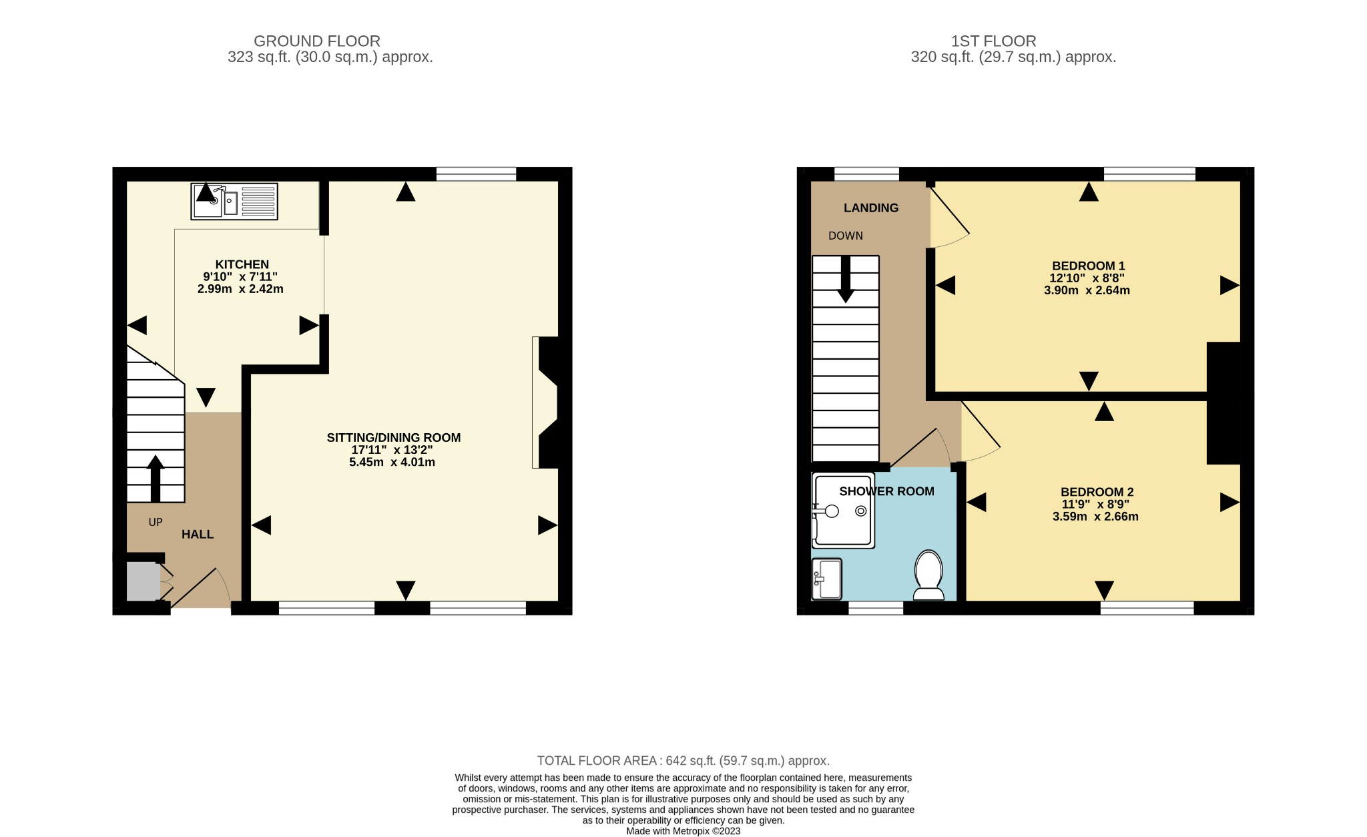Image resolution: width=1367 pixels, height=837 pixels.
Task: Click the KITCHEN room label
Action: coord(242,264)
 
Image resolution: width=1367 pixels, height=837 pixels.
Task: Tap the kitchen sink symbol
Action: coord(234,201)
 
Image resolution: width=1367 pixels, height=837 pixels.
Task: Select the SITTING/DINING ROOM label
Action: coord(393,438)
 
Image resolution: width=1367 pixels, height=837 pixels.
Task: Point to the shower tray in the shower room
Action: coord(843,511)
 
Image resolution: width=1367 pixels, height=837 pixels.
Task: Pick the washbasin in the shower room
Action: coord(827,579)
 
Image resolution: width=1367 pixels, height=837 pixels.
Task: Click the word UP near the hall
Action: coord(156,522)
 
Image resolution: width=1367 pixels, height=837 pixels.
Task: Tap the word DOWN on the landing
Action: coord(846,236)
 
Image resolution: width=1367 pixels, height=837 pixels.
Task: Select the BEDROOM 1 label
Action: coord(1088,266)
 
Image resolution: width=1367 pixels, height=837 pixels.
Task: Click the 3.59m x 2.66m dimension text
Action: coord(1095,517)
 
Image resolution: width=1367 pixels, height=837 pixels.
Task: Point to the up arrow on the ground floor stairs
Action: coord(156,478)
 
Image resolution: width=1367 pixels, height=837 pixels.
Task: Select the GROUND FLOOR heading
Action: coord(317,41)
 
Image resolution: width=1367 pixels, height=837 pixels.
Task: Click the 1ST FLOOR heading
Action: coord(993,41)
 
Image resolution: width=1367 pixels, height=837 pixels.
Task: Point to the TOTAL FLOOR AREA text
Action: coord(683,761)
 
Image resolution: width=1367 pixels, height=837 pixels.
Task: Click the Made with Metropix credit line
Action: coord(683,831)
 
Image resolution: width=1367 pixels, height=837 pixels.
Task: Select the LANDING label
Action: coord(871,208)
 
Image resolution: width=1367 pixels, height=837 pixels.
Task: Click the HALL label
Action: coord(198,535)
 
